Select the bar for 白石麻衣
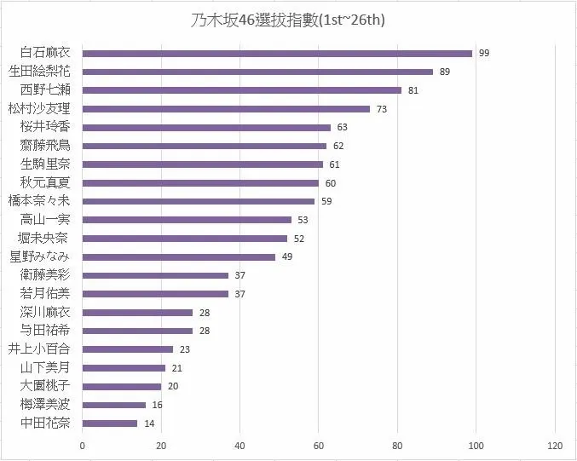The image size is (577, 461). point(277,53)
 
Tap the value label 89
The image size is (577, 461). point(444,72)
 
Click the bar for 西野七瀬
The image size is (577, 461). point(242,90)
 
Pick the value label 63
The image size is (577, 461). point(342,127)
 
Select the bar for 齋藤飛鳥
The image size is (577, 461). point(205,146)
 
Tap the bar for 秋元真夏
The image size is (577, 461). point(200,182)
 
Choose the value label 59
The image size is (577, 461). point(326,201)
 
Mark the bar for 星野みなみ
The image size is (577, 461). point(179,256)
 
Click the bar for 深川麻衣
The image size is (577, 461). point(138,312)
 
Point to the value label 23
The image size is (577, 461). point(184,349)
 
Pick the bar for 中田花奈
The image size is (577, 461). point(110,423)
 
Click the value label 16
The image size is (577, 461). point(157,405)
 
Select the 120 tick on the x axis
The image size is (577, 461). point(555,446)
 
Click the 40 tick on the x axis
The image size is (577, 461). point(240,446)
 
